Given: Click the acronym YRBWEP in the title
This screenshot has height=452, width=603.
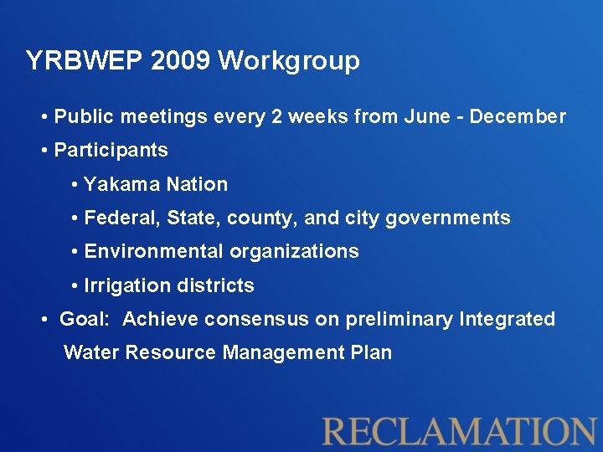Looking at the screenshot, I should pyautogui.click(x=75, y=61).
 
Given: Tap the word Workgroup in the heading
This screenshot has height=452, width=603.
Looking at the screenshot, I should pyautogui.click(x=290, y=61).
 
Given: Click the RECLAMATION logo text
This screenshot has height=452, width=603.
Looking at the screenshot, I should pyautogui.click(x=459, y=430).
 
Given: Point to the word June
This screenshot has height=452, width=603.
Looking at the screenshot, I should pyautogui.click(x=426, y=117).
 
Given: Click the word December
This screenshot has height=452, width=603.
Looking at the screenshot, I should pyautogui.click(x=518, y=117).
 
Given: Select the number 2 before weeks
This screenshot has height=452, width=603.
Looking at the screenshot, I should pyautogui.click(x=276, y=117).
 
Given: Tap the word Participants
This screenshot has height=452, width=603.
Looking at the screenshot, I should pyautogui.click(x=111, y=151).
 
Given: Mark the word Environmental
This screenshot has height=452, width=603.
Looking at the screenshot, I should pyautogui.click(x=154, y=252).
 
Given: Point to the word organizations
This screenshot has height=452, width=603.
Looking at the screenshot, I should pyautogui.click(x=294, y=252).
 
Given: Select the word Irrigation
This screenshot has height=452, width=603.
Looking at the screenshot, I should pyautogui.click(x=126, y=285).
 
